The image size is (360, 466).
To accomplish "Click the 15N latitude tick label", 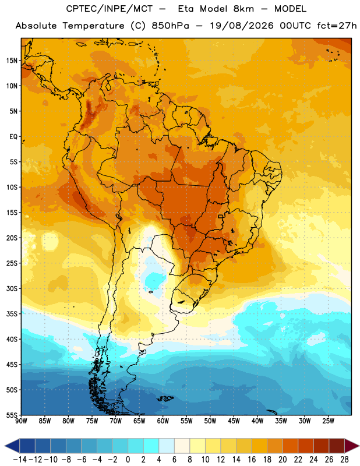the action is [12, 61].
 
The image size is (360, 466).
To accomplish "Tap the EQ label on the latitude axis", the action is [13, 137].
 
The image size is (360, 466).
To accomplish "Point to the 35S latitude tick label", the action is [12, 314].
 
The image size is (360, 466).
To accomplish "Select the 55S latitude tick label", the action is [12, 415].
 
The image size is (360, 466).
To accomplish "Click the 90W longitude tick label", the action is [22, 421].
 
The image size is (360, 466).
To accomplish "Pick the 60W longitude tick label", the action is [163, 421].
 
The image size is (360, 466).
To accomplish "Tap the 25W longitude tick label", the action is [328, 421].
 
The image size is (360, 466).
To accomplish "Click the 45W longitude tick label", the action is [234, 421].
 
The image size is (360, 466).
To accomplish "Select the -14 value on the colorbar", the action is [20, 460].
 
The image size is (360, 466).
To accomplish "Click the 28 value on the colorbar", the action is [344, 460].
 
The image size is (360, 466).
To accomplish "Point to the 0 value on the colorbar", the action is [128, 460].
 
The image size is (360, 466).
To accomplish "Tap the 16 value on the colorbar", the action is [252, 460].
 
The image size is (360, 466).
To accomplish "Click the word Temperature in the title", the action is [93, 26].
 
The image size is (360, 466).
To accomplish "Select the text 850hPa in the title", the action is [170, 26].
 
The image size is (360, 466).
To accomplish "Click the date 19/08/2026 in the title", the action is [242, 26].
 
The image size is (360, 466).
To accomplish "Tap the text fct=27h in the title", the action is [337, 26].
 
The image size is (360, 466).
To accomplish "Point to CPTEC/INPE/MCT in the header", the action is [110, 9].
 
